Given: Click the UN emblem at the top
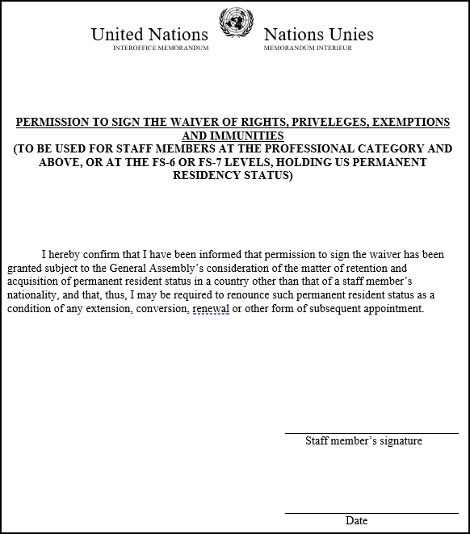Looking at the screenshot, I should pyautogui.click(x=236, y=23).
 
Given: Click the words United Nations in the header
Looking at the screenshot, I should pyautogui.click(x=149, y=34).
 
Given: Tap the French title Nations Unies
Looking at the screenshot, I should pyautogui.click(x=318, y=34).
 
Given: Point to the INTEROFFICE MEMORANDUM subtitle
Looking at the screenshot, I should pyautogui.click(x=161, y=48).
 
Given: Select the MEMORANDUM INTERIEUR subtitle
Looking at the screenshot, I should pyautogui.click(x=307, y=48).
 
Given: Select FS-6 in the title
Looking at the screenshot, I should pyautogui.click(x=183, y=162).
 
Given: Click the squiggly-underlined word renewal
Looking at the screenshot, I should pyautogui.click(x=211, y=309).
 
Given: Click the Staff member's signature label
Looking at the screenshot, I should pyautogui.click(x=363, y=441).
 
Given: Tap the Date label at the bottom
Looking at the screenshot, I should pyautogui.click(x=356, y=521).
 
